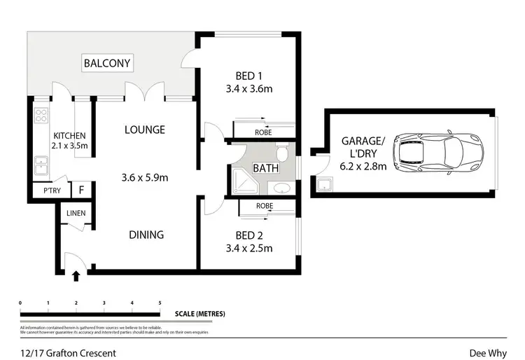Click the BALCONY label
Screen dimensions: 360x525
click(107, 64)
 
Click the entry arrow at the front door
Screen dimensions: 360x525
click(76, 278)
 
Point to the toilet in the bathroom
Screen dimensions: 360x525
click(282, 152)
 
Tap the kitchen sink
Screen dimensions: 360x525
click(41, 167)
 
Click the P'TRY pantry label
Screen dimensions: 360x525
click(52, 190)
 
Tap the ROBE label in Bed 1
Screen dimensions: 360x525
click(264, 132)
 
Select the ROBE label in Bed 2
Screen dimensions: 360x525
click(264, 206)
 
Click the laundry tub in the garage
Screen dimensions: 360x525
click(324, 186)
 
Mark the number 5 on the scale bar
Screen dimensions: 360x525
click(160, 303)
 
